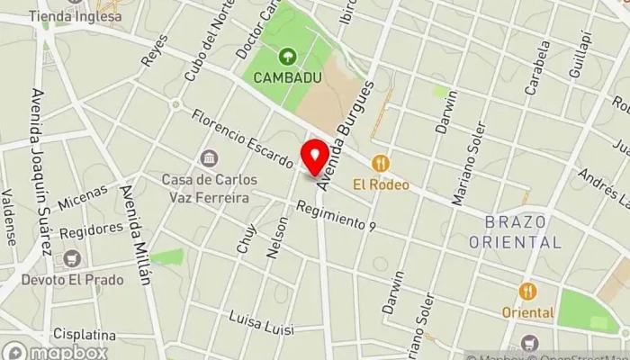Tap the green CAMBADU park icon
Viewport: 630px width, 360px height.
[287, 57]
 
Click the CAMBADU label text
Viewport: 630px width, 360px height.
[287, 77]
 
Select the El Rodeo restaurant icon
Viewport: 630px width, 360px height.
[381, 164]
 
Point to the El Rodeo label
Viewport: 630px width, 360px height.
[381, 184]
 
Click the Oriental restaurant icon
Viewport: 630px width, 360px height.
[527, 292]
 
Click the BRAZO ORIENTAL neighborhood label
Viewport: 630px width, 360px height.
[516, 231]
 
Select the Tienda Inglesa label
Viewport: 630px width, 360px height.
[75, 16]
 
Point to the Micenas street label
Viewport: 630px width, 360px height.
[82, 199]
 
